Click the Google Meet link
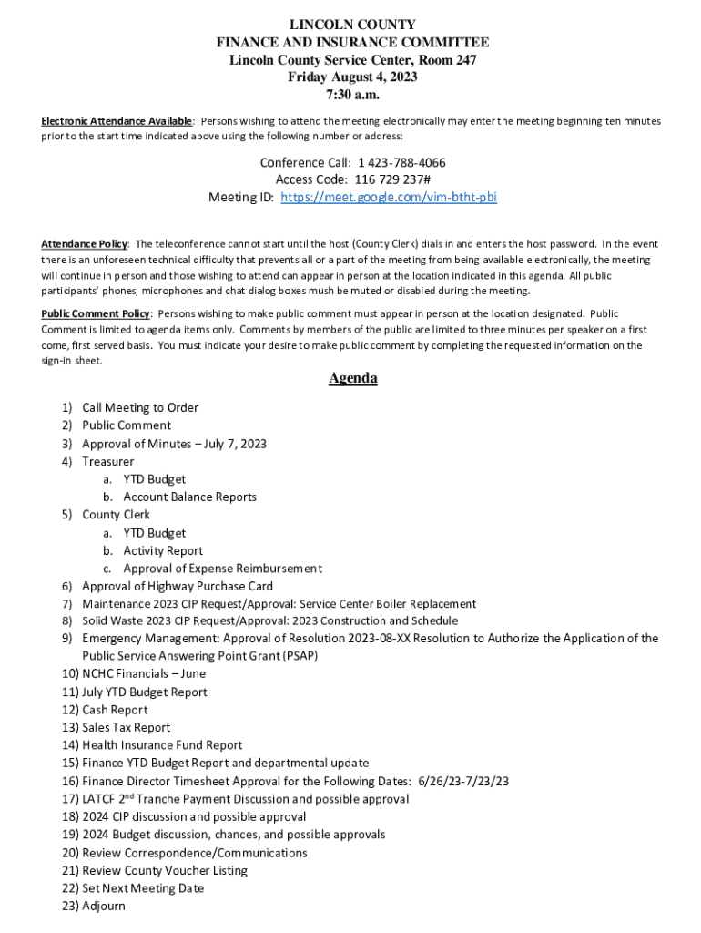point(389,197)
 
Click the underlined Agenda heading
point(353,378)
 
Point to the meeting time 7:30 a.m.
point(352,94)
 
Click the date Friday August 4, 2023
point(352,77)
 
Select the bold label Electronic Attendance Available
point(117,121)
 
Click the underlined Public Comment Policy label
point(96,313)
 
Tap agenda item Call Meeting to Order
point(140,407)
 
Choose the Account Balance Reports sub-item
point(189,497)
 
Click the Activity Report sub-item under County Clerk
point(163,550)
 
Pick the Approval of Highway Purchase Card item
point(178,586)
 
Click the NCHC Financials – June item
point(144,673)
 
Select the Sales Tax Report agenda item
point(126,727)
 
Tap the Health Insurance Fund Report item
point(162,745)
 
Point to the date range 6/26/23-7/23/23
point(463,781)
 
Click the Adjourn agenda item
point(104,906)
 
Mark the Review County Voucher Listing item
point(165,870)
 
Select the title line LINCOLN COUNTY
point(352,25)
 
